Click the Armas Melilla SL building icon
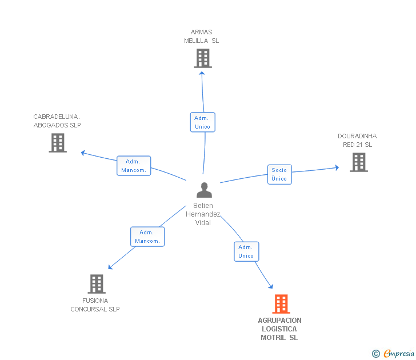(x=202, y=58)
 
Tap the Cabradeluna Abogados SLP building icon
(x=58, y=143)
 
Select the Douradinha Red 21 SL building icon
(x=358, y=162)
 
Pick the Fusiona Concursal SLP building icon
(x=97, y=284)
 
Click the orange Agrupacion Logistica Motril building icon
(x=281, y=304)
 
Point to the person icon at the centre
(x=204, y=190)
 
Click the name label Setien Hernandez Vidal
(x=203, y=214)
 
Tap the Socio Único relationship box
(x=279, y=174)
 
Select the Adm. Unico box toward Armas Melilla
(x=202, y=122)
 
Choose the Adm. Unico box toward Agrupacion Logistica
(x=246, y=251)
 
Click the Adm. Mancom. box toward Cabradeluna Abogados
(x=134, y=166)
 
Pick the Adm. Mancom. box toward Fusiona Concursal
(x=147, y=237)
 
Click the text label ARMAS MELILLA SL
(x=201, y=37)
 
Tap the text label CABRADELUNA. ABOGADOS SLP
(x=57, y=121)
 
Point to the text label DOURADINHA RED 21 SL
(x=357, y=141)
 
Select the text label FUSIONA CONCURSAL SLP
(x=95, y=305)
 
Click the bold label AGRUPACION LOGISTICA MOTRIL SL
(x=279, y=329)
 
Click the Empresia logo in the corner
(x=398, y=354)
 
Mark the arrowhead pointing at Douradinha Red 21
(x=337, y=167)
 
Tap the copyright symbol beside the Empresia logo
(x=375, y=354)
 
